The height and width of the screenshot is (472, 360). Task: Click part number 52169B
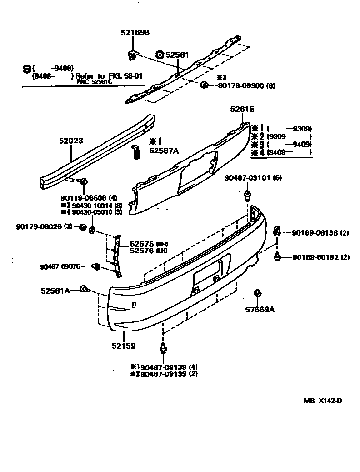tap(135, 33)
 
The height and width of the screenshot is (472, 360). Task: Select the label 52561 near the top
tap(176, 55)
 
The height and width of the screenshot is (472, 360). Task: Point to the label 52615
tap(242, 110)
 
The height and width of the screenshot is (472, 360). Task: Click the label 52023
tap(70, 141)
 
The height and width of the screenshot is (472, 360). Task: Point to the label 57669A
tap(260, 310)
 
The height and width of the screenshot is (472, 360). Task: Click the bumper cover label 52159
tap(124, 346)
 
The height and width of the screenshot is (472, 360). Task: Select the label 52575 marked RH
tap(141, 244)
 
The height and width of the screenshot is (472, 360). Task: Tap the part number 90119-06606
tap(82, 198)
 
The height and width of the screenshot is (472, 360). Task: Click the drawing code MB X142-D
tap(323, 401)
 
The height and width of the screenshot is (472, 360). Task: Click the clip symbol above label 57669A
tap(257, 293)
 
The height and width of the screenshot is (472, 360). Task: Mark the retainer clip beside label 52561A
tap(85, 289)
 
